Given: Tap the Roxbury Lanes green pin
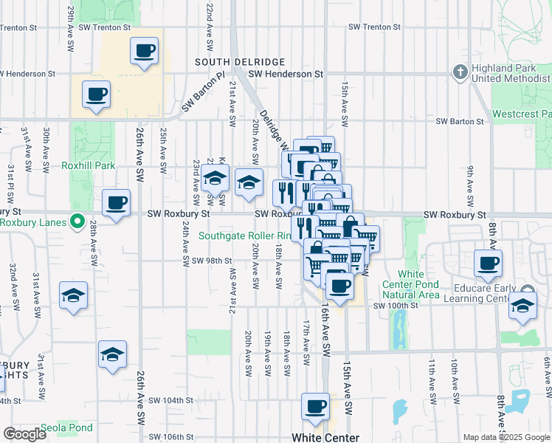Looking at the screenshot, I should (77, 221).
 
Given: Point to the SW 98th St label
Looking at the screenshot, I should (212, 261).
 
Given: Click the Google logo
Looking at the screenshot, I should (24, 434).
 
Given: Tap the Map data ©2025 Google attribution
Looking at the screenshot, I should (506, 437).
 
